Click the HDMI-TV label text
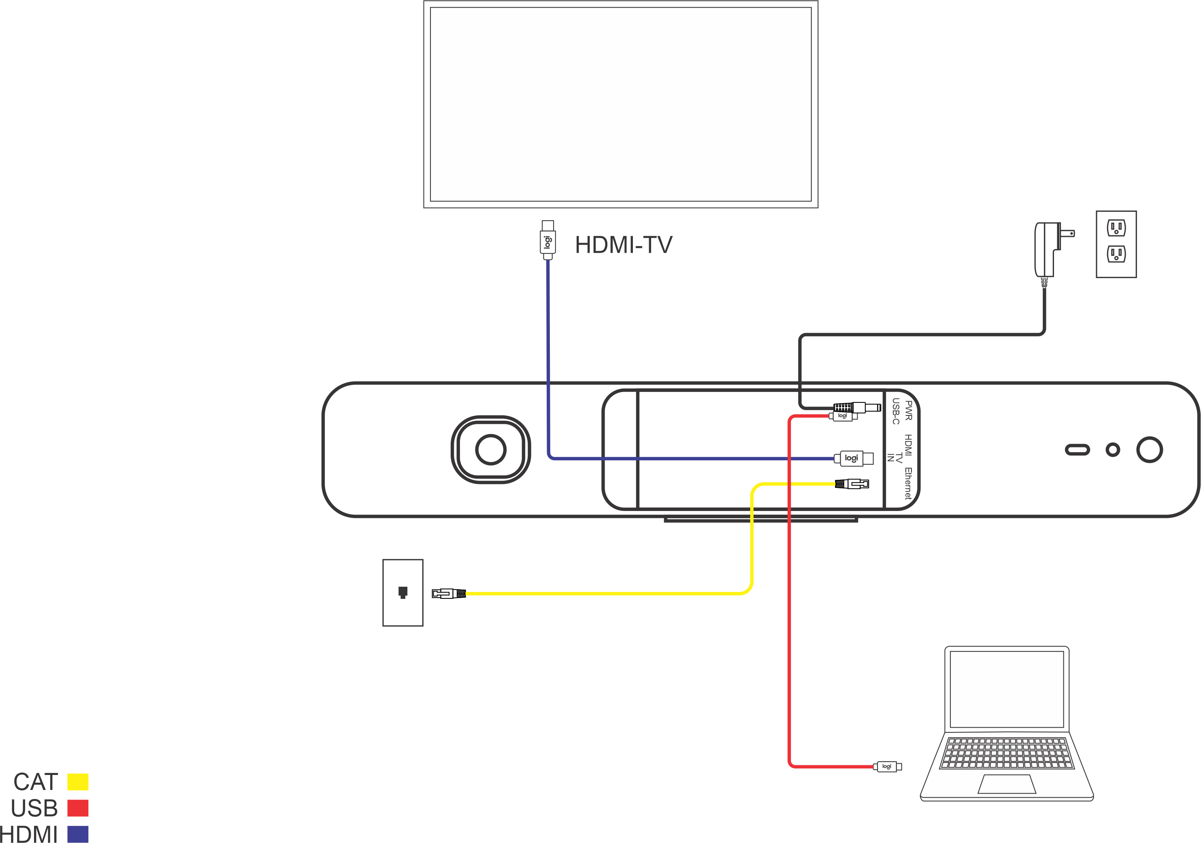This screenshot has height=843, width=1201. pyautogui.click(x=624, y=245)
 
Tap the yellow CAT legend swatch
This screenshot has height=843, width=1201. pyautogui.click(x=78, y=782)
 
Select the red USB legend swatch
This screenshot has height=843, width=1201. pyautogui.click(x=78, y=808)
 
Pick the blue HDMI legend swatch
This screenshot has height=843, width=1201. pyautogui.click(x=78, y=834)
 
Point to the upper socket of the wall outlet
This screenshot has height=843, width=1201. pyautogui.click(x=1116, y=228)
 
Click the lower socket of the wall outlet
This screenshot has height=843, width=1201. pyautogui.click(x=1116, y=255)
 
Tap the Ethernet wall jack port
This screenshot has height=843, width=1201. pyautogui.click(x=403, y=592)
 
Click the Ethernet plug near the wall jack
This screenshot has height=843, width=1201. pyautogui.click(x=448, y=594)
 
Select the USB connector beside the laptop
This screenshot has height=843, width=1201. pyautogui.click(x=887, y=766)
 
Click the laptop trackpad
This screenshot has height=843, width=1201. pyautogui.click(x=1007, y=784)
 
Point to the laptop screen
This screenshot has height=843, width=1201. pyautogui.click(x=1007, y=689)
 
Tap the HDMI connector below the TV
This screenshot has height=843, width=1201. pyautogui.click(x=548, y=240)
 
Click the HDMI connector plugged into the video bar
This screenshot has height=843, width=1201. pyautogui.click(x=853, y=459)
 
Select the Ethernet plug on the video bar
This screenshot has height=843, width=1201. pyautogui.click(x=852, y=484)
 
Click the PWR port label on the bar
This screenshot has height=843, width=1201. pyautogui.click(x=909, y=411)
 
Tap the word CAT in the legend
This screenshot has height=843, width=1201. pyautogui.click(x=36, y=782)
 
